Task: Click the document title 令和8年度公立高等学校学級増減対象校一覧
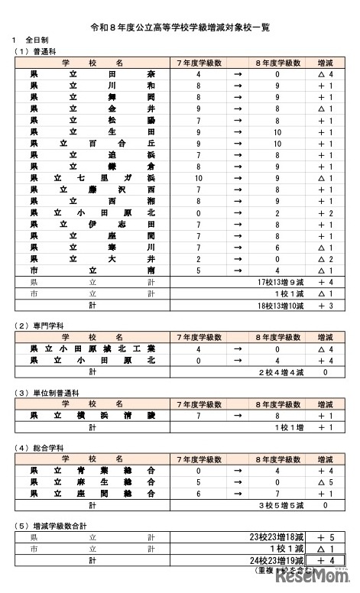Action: coord(180,26)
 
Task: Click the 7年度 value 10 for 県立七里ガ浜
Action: coord(198,178)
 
